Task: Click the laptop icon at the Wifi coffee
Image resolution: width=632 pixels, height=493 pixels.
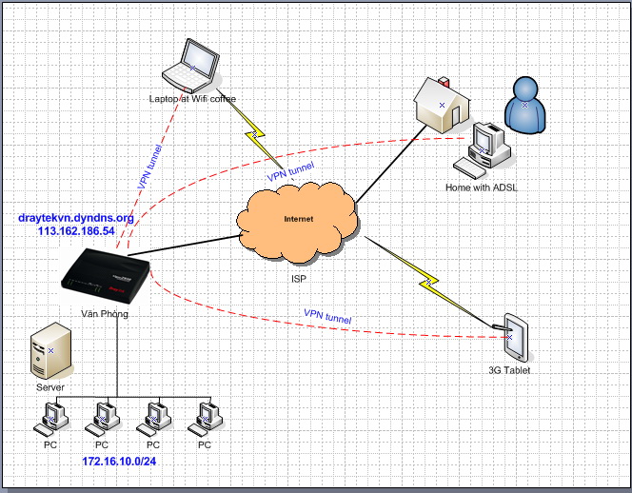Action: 191,66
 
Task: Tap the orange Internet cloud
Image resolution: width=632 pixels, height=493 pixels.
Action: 298,222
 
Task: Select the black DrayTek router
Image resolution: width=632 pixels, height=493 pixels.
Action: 106,276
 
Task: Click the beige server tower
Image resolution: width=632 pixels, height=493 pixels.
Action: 51,350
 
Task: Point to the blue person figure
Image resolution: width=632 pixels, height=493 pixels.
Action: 524,106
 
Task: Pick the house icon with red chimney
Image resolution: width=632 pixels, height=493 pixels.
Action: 442,106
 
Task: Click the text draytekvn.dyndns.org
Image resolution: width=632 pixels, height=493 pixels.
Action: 76,218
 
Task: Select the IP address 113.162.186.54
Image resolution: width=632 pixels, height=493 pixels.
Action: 76,231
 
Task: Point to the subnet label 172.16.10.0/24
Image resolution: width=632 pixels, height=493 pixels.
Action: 119,462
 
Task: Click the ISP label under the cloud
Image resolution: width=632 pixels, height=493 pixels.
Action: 298,279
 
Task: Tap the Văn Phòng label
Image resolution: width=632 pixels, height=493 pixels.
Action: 105,314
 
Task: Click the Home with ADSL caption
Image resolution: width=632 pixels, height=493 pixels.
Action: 482,187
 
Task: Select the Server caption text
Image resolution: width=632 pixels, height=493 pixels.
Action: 50,387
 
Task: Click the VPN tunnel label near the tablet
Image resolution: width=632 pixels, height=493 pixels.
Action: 327,316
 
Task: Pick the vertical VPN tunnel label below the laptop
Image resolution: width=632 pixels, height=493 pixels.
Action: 150,167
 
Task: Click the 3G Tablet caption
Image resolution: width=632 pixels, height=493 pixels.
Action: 509,370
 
